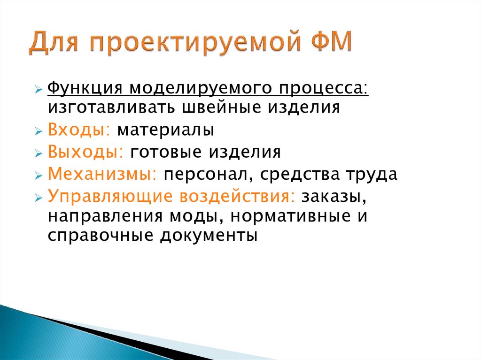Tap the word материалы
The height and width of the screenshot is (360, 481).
coord(166,130)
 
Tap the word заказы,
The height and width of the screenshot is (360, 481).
coord(334,197)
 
